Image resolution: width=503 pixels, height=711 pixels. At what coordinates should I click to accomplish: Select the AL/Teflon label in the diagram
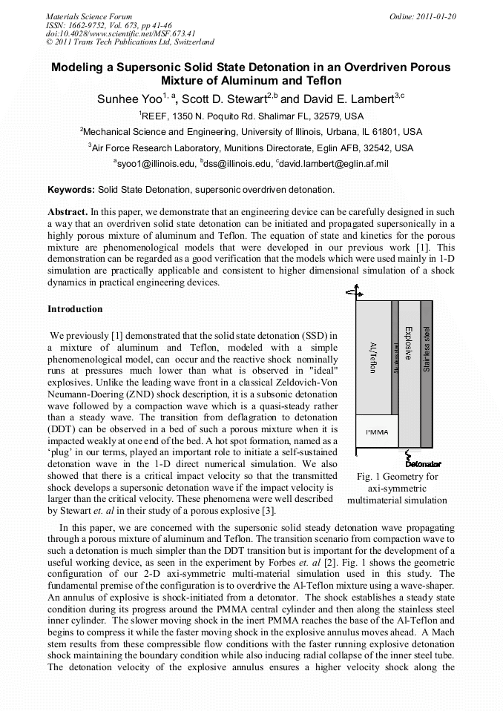pos(373,357)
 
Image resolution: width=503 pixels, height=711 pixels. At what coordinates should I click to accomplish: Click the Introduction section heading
pos(75,309)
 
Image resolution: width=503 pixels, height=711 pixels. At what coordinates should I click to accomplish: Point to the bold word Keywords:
pos(70,190)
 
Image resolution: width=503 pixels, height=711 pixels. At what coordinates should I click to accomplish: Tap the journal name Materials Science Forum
pos(89,16)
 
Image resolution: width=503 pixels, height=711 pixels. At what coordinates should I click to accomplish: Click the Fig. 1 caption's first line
pos(397,476)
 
